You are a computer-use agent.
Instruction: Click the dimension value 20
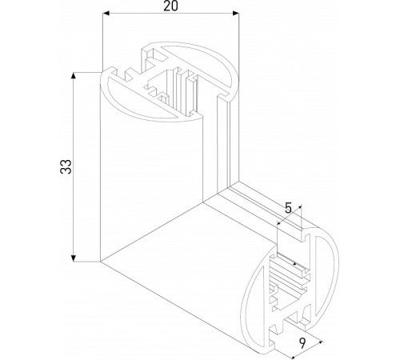click(x=170, y=6)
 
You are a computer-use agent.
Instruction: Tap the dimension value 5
click(x=289, y=208)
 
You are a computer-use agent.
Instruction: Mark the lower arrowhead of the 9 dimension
click(x=319, y=342)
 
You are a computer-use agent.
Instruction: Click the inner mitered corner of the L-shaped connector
click(x=226, y=190)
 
